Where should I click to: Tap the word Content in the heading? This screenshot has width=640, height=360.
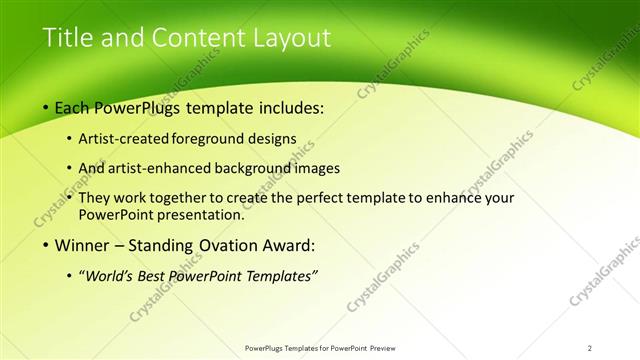tap(195, 38)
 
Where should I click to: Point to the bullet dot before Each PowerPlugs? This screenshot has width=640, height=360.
tap(46, 107)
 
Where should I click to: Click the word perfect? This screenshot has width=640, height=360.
tap(326, 198)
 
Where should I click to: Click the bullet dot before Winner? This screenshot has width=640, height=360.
tap(46, 245)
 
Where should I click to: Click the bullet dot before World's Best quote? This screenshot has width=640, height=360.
tap(68, 275)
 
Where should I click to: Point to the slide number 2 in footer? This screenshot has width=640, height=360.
tap(590, 347)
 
